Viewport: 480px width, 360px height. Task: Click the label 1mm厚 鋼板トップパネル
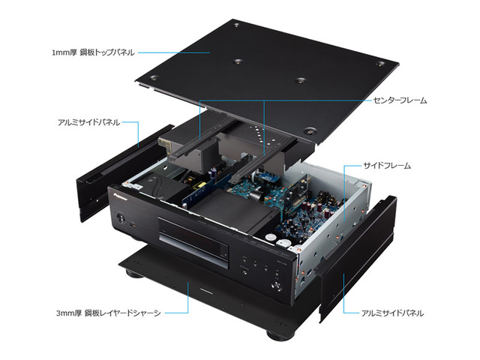(93, 52)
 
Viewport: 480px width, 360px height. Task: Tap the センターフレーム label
(400, 100)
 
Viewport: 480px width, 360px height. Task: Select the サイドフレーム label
(387, 166)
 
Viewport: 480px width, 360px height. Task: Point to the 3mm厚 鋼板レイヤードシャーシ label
(108, 313)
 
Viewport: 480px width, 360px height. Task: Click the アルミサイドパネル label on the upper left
(88, 122)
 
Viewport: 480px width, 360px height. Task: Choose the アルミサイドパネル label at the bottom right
(392, 313)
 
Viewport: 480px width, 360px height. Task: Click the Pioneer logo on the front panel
(119, 196)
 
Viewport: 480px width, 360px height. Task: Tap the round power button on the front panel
(120, 219)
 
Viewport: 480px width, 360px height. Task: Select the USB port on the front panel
(133, 225)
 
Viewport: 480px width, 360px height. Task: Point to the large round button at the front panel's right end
(277, 285)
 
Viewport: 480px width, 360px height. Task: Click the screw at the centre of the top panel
(237, 62)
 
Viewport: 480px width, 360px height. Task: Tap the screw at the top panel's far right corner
(380, 64)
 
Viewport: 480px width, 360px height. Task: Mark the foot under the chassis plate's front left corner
(134, 273)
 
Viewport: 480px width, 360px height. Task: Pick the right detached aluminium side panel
(355, 259)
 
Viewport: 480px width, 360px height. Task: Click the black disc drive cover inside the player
(235, 212)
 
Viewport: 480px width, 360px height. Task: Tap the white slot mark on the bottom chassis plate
(206, 289)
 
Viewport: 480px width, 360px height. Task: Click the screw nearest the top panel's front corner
(310, 132)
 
